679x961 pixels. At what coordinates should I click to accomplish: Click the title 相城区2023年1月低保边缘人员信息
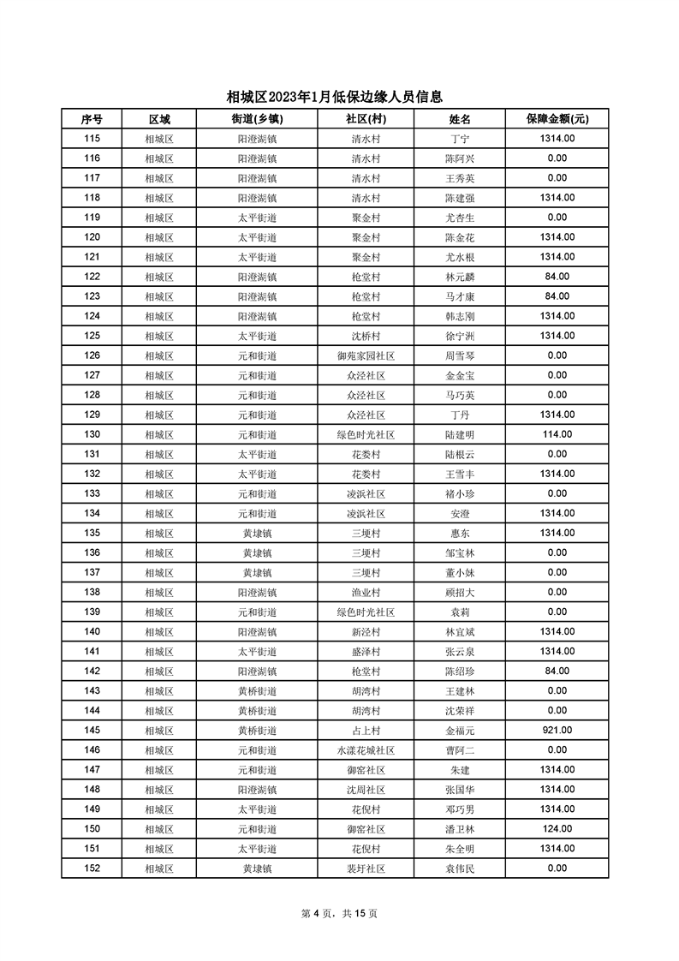339,97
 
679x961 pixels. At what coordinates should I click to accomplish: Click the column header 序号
92,119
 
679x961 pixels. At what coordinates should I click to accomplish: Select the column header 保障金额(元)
557,119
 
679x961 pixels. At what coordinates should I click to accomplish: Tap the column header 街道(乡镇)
257,119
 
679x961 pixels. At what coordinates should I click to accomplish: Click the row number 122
92,277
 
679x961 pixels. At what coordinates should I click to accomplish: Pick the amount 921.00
557,731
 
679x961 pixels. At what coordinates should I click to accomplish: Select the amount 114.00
557,434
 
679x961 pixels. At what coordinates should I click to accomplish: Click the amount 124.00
557,829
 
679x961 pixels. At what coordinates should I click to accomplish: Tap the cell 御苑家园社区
366,355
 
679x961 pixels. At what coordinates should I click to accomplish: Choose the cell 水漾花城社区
366,750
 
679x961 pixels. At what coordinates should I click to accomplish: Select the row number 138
92,592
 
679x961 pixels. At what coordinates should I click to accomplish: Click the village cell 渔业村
366,592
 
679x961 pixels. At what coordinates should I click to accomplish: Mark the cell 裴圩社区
366,868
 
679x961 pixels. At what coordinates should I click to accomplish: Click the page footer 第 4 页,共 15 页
339,913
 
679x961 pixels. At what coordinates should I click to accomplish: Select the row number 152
92,868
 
